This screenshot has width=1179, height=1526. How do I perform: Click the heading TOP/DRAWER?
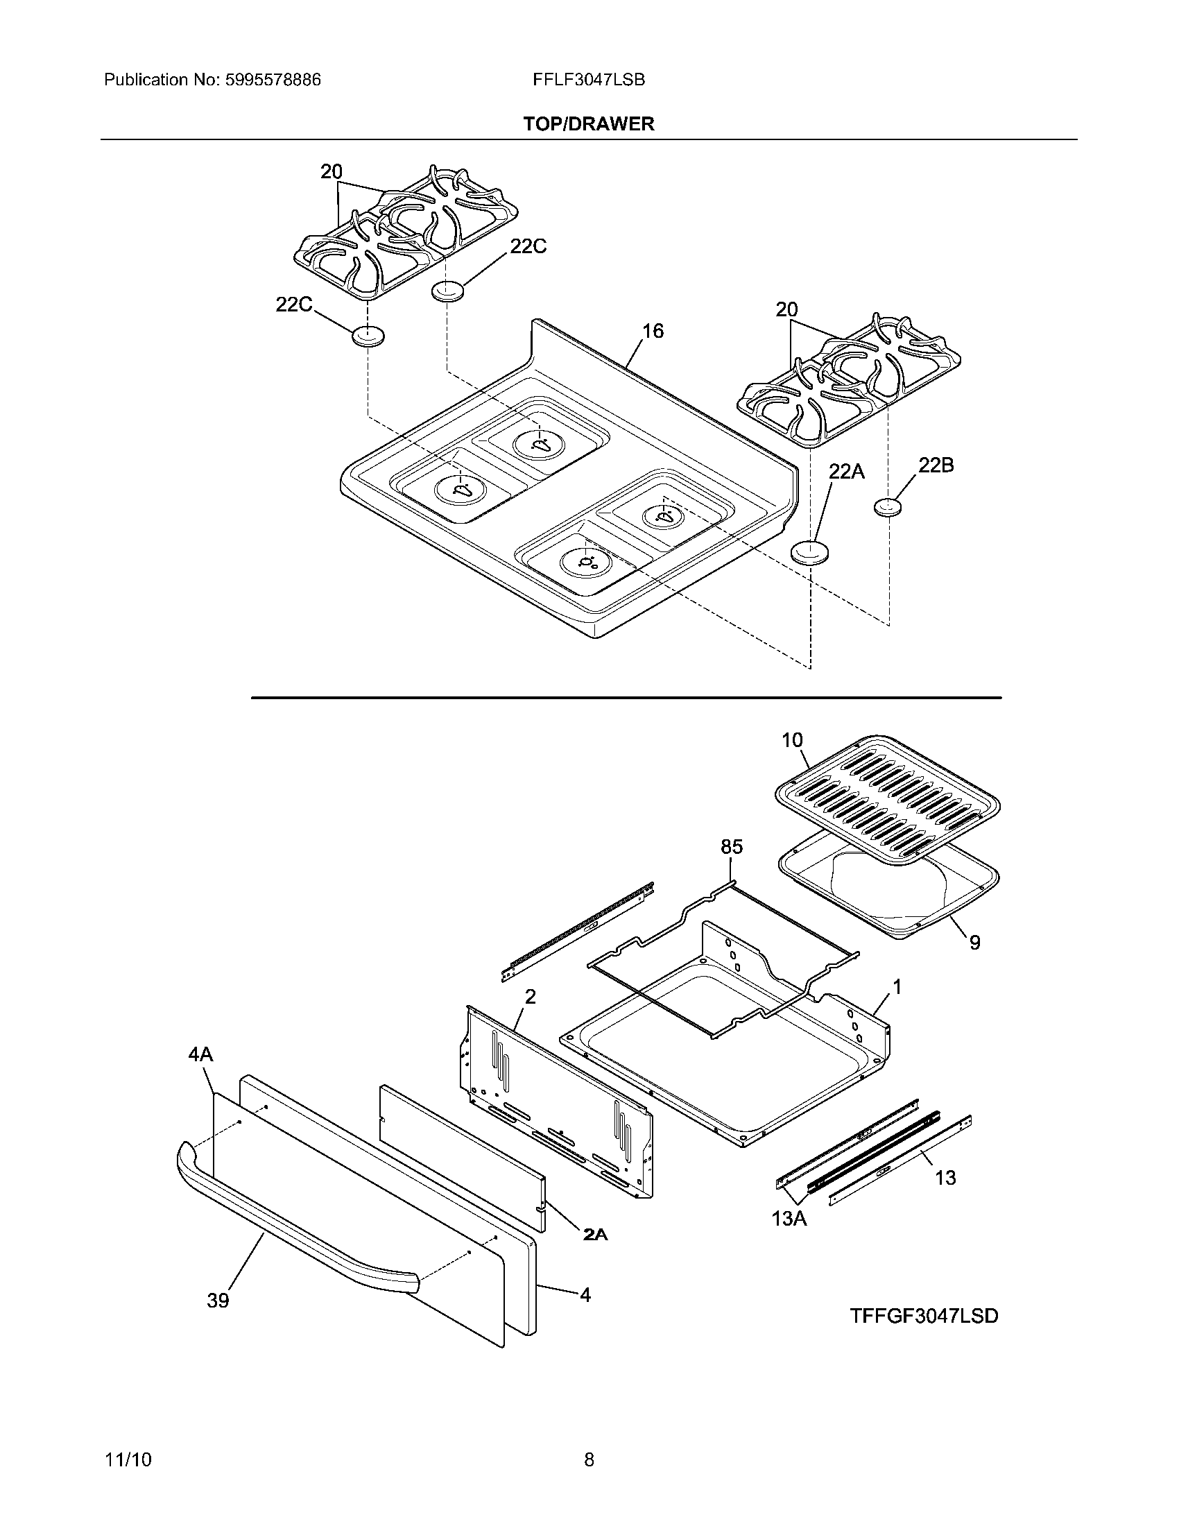[x=589, y=123]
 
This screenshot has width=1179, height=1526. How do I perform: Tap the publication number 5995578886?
[x=273, y=80]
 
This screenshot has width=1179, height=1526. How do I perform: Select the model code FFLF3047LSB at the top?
[x=588, y=80]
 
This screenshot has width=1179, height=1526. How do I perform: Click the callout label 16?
[x=653, y=330]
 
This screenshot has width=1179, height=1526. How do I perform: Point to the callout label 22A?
[x=847, y=472]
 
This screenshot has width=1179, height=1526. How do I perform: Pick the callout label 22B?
[x=936, y=465]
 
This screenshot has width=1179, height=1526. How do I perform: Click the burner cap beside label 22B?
[x=888, y=507]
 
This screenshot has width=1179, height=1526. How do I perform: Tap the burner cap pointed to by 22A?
[x=808, y=553]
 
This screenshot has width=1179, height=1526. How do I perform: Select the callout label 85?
[x=731, y=847]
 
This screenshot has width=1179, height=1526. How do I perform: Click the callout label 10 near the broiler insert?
[x=792, y=740]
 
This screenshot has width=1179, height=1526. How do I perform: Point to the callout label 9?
[x=974, y=943]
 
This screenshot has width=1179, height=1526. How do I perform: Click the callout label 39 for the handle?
[x=218, y=1301]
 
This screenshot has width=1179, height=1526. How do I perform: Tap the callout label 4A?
[x=200, y=1054]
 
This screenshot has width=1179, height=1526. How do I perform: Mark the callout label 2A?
[x=595, y=1235]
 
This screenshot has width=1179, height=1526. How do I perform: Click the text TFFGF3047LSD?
[x=924, y=1316]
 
